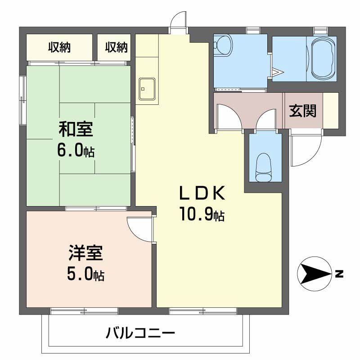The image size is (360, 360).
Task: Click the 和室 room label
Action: (76, 130)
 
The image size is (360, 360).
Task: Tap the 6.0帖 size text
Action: (75, 150)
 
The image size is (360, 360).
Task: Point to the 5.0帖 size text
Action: (85, 274)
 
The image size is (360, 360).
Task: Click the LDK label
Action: (202, 193)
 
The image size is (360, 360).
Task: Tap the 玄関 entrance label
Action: (302, 111)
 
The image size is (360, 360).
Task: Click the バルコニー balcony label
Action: (140, 333)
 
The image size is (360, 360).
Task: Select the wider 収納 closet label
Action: (59, 46)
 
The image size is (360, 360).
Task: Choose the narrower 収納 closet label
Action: (116, 46)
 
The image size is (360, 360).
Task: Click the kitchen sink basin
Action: (147, 88)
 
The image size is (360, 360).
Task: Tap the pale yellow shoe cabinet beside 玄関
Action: (330, 110)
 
